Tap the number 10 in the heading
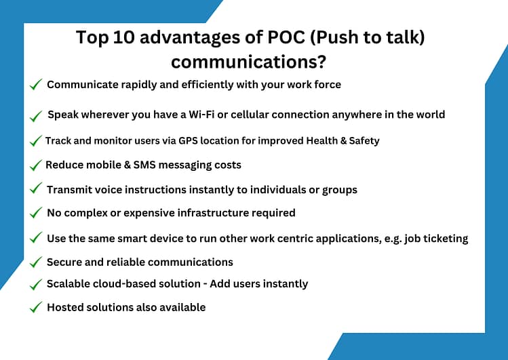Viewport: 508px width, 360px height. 119,37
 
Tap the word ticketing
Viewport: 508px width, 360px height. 444,238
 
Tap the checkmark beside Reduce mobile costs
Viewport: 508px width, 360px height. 35,165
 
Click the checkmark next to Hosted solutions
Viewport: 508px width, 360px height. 36,308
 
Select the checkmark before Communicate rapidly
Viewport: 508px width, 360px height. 36,85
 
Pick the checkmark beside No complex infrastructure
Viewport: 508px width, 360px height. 36,214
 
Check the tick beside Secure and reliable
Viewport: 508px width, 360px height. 36,262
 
